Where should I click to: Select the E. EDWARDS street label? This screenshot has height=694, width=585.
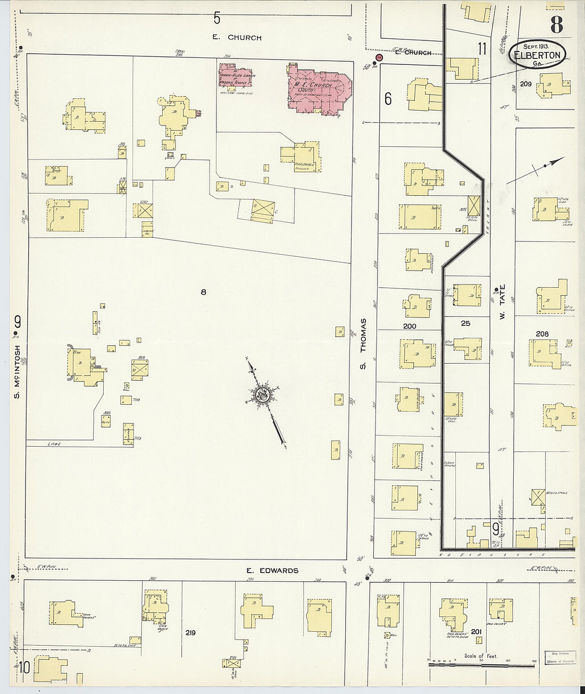pos(272,571)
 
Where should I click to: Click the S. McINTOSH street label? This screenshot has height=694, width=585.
pos(17,370)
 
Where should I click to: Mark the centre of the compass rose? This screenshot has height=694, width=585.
pos(263,394)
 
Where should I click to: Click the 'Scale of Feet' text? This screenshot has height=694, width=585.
pos(480,656)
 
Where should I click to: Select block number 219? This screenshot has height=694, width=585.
pos(190,633)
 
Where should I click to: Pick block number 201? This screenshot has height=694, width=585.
pos(477,631)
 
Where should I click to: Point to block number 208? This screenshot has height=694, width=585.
pos(542,334)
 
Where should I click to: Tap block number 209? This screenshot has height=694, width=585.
pos(526,84)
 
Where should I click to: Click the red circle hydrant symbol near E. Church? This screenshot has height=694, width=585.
pos(379,57)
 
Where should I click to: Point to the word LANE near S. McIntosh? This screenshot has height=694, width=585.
pos(54,444)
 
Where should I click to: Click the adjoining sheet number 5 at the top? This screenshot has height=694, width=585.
pos(217,18)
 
